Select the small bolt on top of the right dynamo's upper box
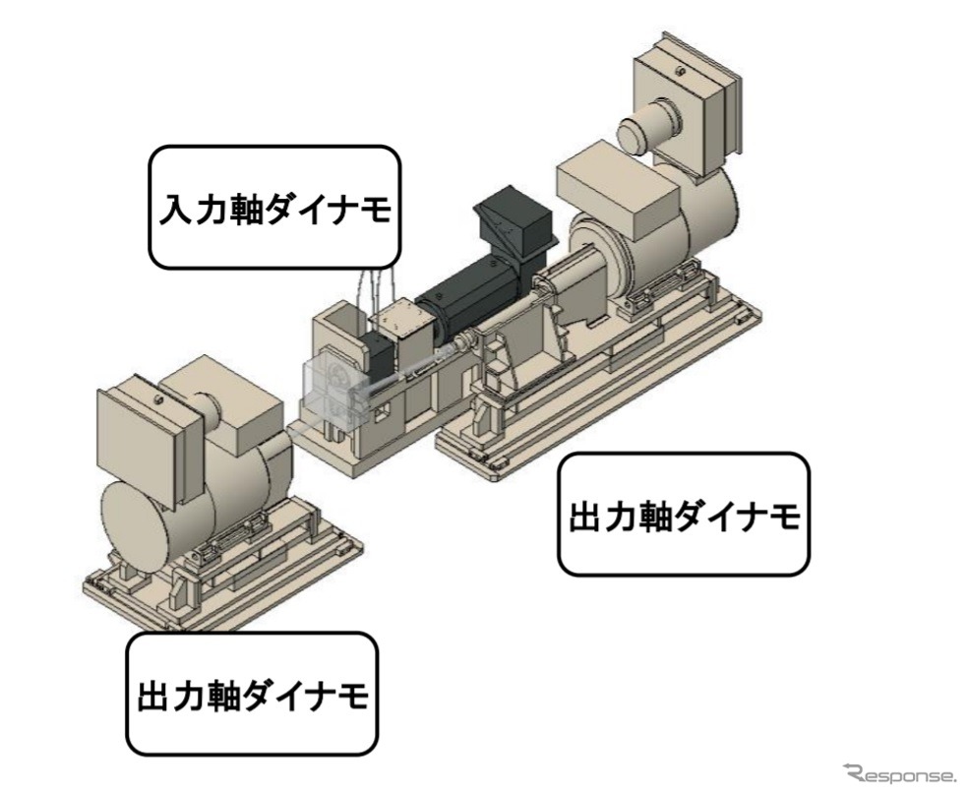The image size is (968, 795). click(x=680, y=70)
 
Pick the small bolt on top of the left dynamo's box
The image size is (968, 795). click(x=158, y=398)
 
